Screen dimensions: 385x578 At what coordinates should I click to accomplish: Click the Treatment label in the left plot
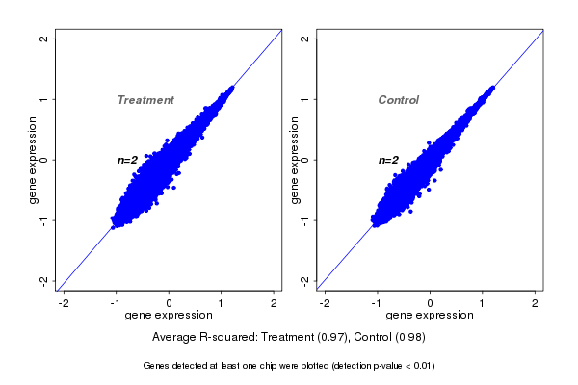point(145,100)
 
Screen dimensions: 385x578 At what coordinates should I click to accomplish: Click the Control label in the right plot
point(399,100)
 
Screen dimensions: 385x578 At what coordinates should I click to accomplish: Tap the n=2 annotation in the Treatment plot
point(128,160)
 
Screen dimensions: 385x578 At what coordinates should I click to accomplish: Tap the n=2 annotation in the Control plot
point(389,160)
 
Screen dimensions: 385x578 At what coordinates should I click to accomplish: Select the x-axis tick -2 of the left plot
point(64,303)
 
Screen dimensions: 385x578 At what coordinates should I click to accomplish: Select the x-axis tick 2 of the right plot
point(536,303)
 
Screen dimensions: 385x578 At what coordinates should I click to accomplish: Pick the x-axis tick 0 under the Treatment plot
point(170,303)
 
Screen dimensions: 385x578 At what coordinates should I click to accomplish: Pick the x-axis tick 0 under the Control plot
point(431,303)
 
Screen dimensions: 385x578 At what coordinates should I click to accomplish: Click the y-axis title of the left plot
point(33,160)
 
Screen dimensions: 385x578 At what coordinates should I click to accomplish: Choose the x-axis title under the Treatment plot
point(169,316)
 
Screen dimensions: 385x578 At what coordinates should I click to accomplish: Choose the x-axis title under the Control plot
point(430,316)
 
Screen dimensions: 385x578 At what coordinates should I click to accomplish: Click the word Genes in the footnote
point(157,366)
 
